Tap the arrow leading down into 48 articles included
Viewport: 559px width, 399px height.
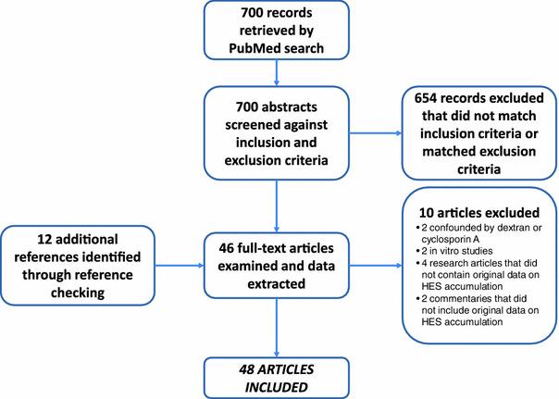click(279, 325)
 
